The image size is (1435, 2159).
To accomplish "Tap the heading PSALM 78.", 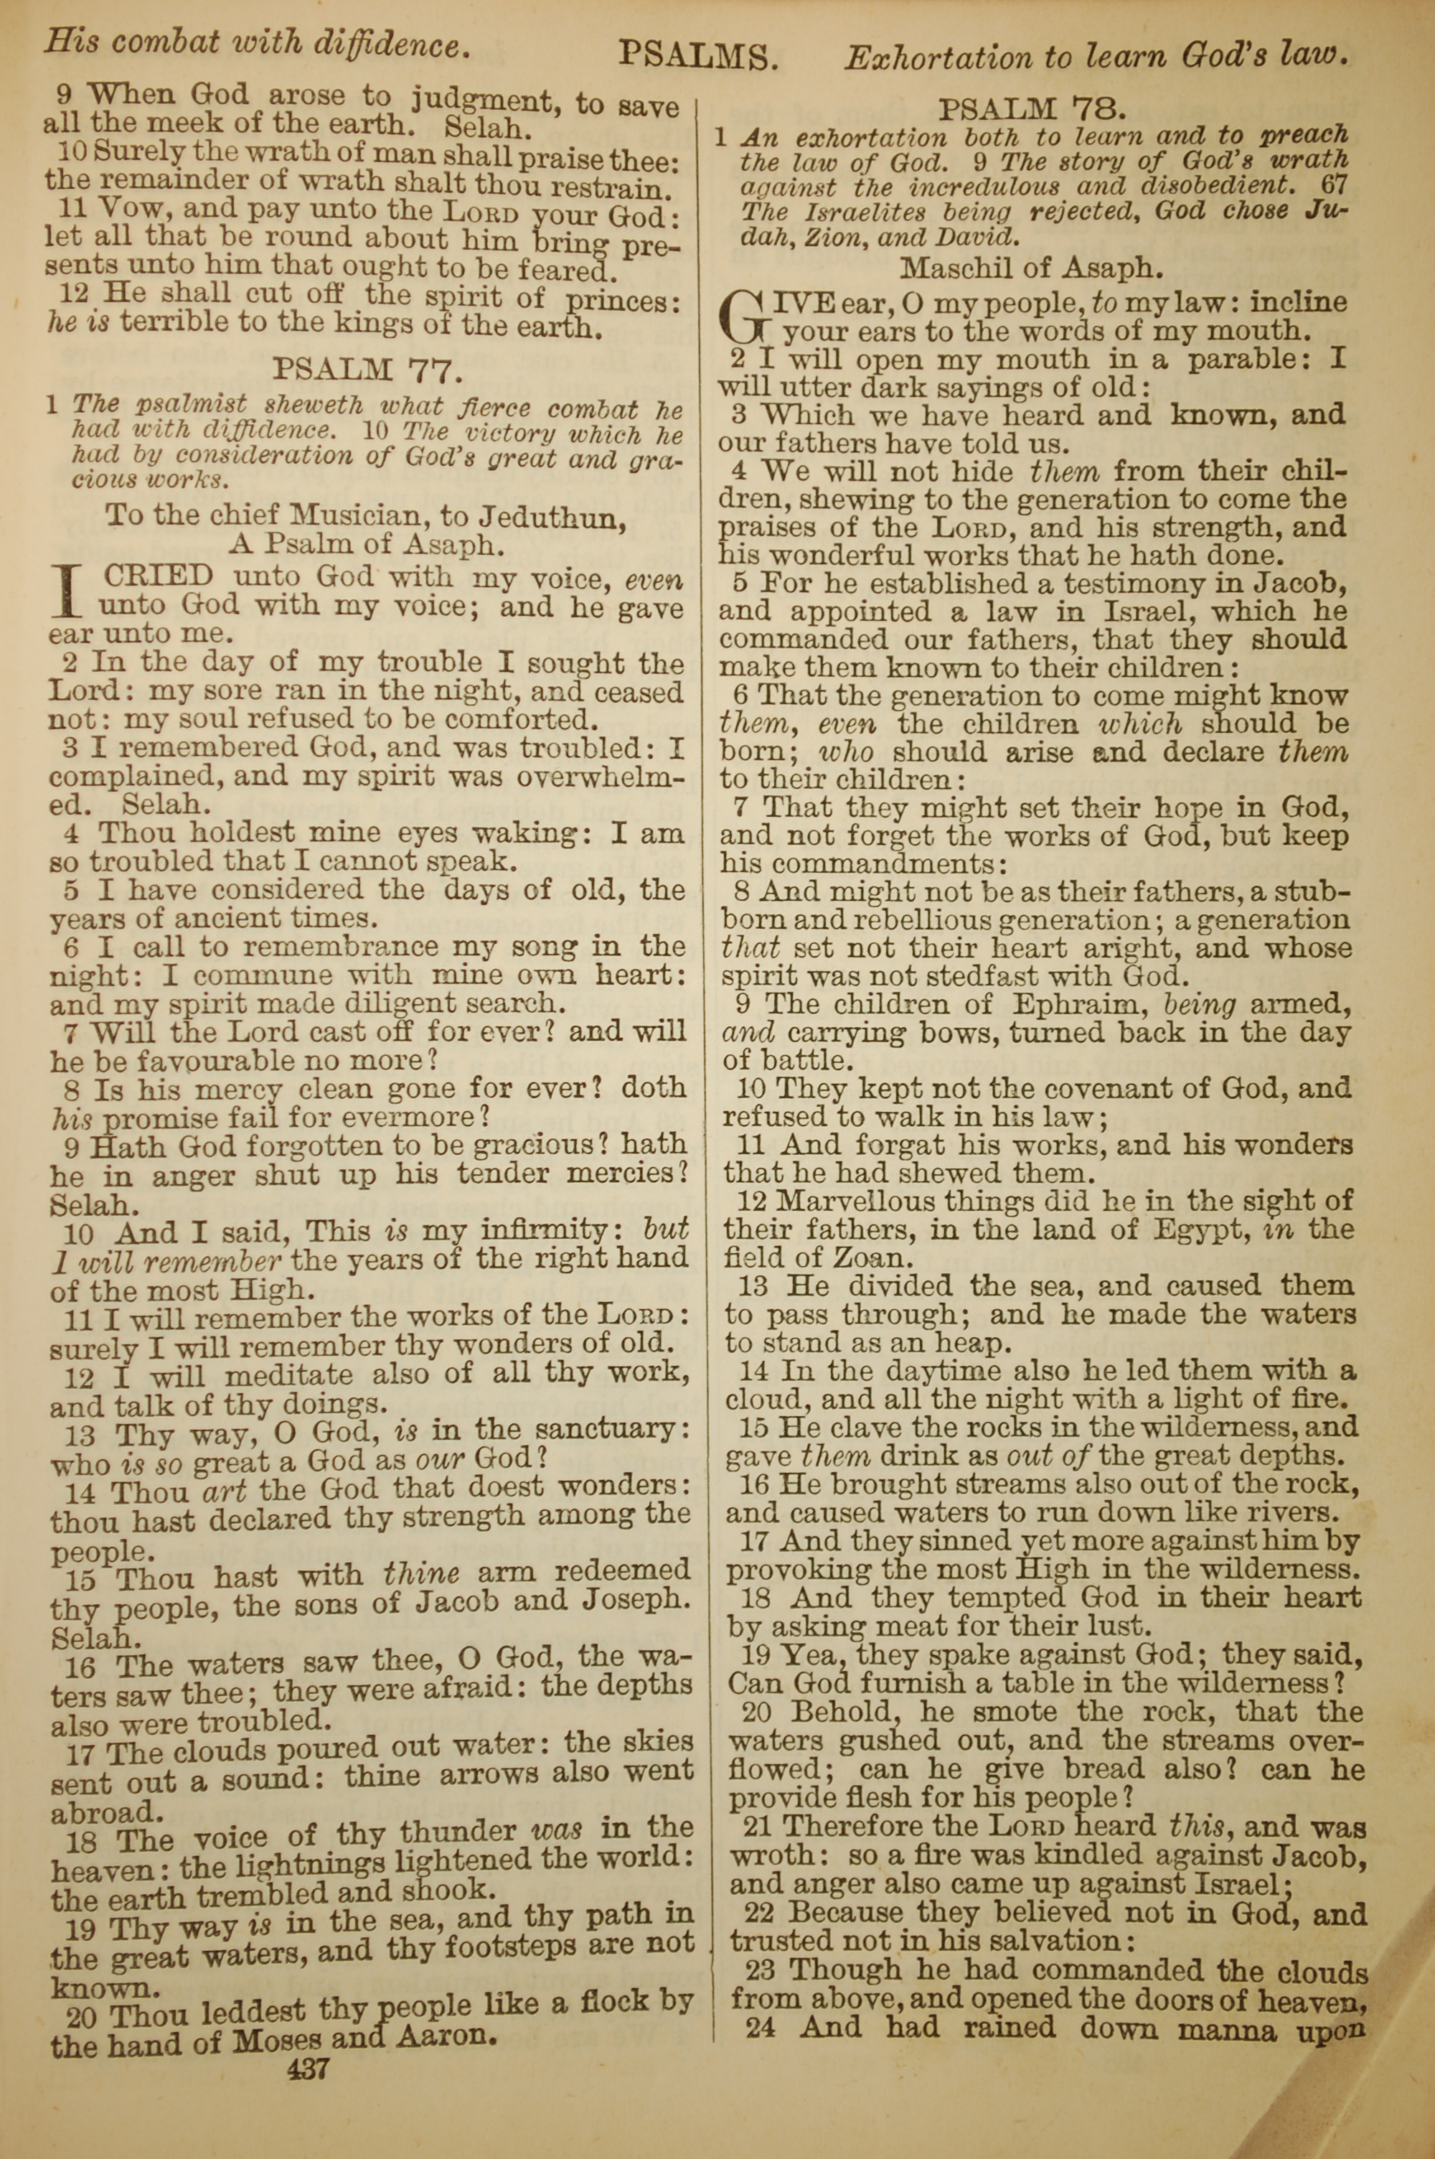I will point(1032,110).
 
